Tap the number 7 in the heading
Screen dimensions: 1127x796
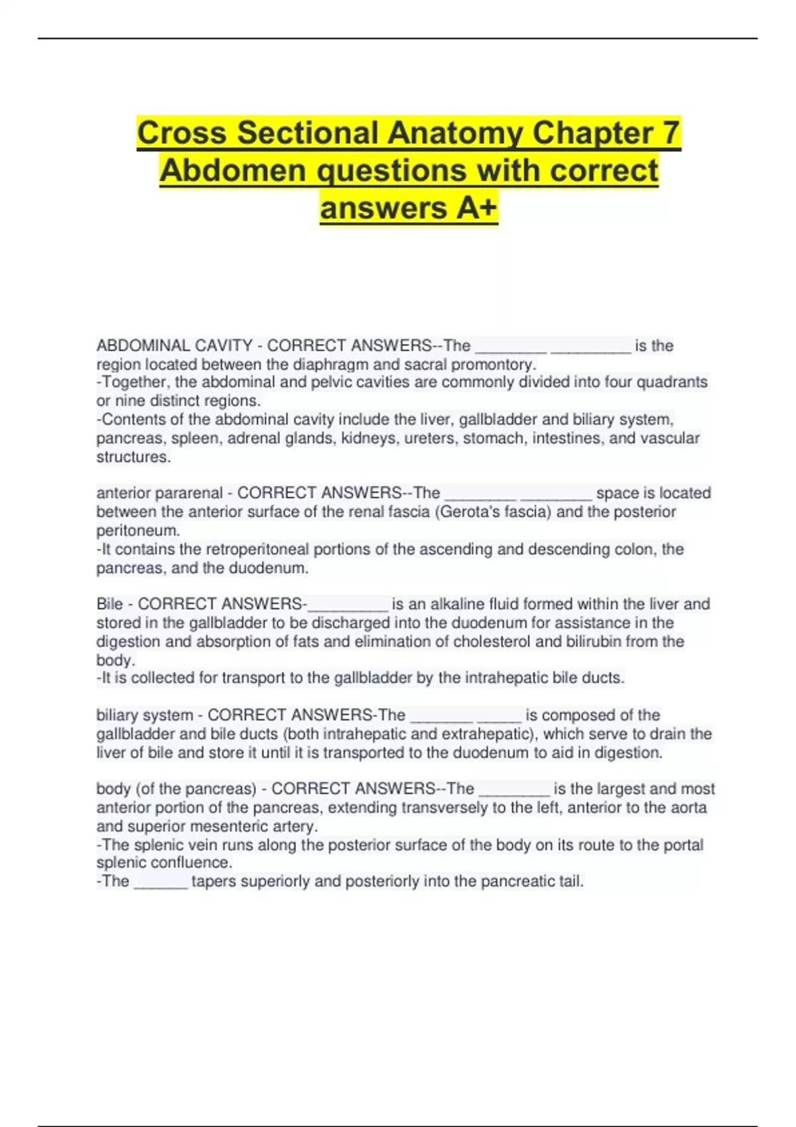[671, 133]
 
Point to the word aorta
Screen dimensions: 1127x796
[689, 807]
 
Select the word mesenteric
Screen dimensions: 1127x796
[216, 827]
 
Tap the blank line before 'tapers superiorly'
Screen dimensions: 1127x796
[161, 883]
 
